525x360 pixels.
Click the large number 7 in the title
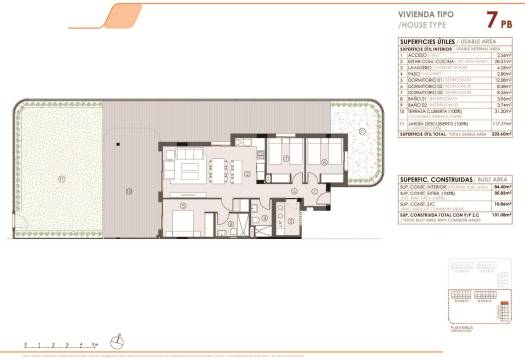coord(493,18)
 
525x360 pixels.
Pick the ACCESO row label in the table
coord(411,54)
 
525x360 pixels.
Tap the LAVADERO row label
coord(415,67)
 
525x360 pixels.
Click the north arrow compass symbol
coord(116,337)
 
